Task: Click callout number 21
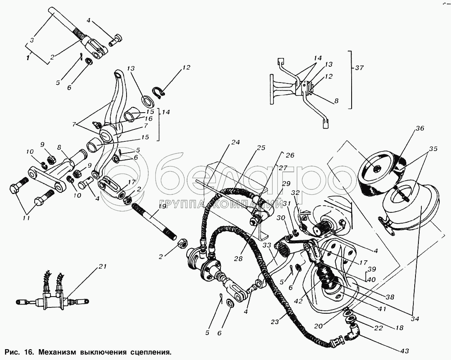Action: click(102, 267)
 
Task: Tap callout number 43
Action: click(405, 351)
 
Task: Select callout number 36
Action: click(420, 128)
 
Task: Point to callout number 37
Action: click(360, 68)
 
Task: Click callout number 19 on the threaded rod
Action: click(162, 206)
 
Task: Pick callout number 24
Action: click(236, 142)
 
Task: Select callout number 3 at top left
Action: click(32, 40)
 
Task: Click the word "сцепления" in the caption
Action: click(150, 352)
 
